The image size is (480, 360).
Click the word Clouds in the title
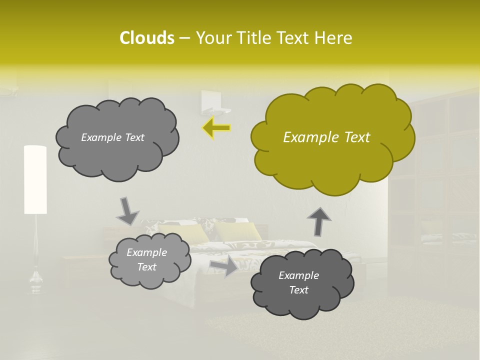click(x=146, y=38)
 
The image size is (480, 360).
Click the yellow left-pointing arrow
click(x=216, y=128)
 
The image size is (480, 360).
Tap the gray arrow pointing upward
click(x=318, y=221)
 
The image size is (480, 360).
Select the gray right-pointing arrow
click(x=223, y=267)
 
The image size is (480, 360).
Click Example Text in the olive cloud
click(x=326, y=137)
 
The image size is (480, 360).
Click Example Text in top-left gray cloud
click(x=112, y=137)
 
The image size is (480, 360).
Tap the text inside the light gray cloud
click(x=146, y=260)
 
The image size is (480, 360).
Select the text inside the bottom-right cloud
click(x=298, y=282)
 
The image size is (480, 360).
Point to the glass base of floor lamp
click(x=35, y=282)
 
